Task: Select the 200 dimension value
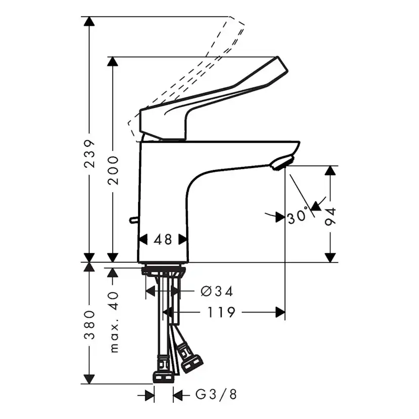click(113, 170)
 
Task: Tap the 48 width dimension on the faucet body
click(163, 239)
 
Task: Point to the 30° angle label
click(298, 217)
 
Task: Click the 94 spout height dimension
click(330, 217)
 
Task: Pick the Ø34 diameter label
click(217, 291)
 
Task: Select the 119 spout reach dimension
click(221, 312)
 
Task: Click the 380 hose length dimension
click(89, 324)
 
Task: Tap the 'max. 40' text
click(113, 321)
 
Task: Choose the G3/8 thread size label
click(216, 394)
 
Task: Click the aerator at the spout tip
click(280, 163)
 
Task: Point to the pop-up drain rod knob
click(133, 220)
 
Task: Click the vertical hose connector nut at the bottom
click(163, 378)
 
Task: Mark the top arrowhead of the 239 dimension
click(89, 22)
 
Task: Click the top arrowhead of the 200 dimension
click(113, 62)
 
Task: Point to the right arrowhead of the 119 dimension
click(280, 312)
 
